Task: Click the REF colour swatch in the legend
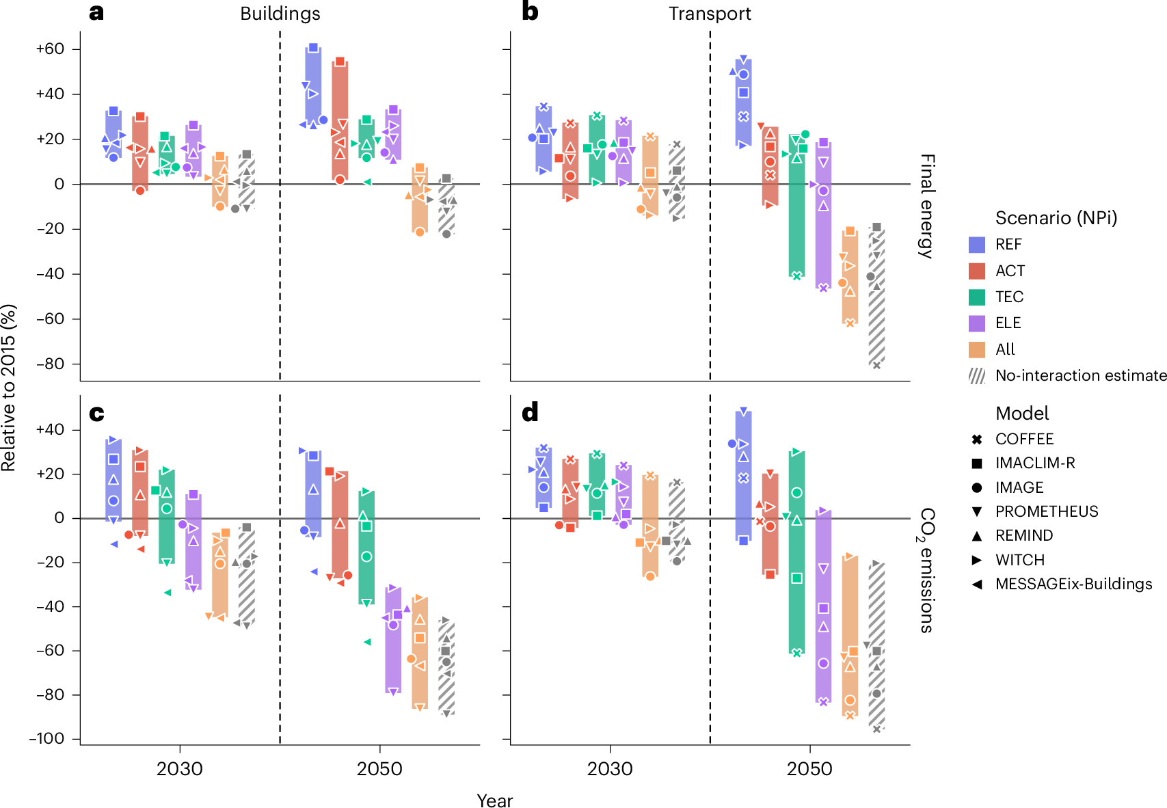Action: coord(977,245)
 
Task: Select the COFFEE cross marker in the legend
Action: coord(977,440)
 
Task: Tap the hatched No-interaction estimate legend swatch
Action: coord(977,376)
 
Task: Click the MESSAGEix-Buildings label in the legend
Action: coord(1073,584)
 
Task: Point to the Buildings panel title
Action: coord(280,14)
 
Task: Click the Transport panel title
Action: coord(710,14)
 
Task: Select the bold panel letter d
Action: coord(530,413)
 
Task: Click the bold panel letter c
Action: coord(96,413)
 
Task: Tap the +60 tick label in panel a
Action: coord(50,49)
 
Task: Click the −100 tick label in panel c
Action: coord(46,739)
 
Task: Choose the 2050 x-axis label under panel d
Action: coord(809,769)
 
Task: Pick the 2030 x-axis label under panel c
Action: coord(180,769)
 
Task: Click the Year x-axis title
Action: coord(494,800)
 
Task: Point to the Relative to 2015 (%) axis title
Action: coord(9,388)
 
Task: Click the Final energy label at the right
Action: coord(926,206)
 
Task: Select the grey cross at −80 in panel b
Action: coord(876,365)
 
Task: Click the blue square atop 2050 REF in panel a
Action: coord(313,48)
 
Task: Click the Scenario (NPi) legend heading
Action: coord(1056,218)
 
